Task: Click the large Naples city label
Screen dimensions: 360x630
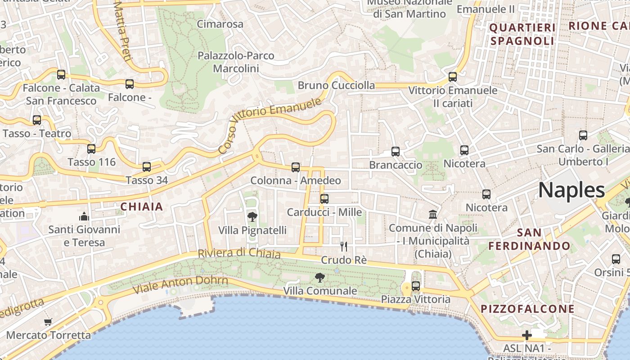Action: (x=571, y=190)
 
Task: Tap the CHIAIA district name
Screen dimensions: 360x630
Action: (x=141, y=207)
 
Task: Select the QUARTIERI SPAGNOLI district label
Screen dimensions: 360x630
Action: (x=522, y=35)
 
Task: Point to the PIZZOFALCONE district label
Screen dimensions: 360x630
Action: (x=527, y=309)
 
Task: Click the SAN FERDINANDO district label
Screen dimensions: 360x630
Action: (x=529, y=239)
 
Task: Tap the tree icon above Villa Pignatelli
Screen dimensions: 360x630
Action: (x=252, y=217)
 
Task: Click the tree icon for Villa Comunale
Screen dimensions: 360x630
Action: (x=320, y=278)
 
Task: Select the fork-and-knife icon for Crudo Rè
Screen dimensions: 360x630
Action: (x=344, y=246)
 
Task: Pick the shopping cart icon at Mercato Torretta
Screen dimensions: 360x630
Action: (x=48, y=322)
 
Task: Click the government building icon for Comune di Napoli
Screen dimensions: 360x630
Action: (x=433, y=214)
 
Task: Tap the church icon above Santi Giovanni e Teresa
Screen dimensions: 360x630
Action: (x=84, y=217)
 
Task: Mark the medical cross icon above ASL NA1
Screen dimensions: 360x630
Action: (x=526, y=335)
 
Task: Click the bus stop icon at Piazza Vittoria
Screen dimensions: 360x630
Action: (x=416, y=286)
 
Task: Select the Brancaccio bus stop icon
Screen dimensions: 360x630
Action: (x=396, y=152)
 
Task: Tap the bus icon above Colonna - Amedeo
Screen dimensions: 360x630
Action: (x=296, y=167)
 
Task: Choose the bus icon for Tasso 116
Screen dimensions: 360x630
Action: (x=91, y=148)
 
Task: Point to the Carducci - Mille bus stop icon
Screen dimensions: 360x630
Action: (x=324, y=198)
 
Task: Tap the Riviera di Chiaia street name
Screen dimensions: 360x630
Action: (x=239, y=253)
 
